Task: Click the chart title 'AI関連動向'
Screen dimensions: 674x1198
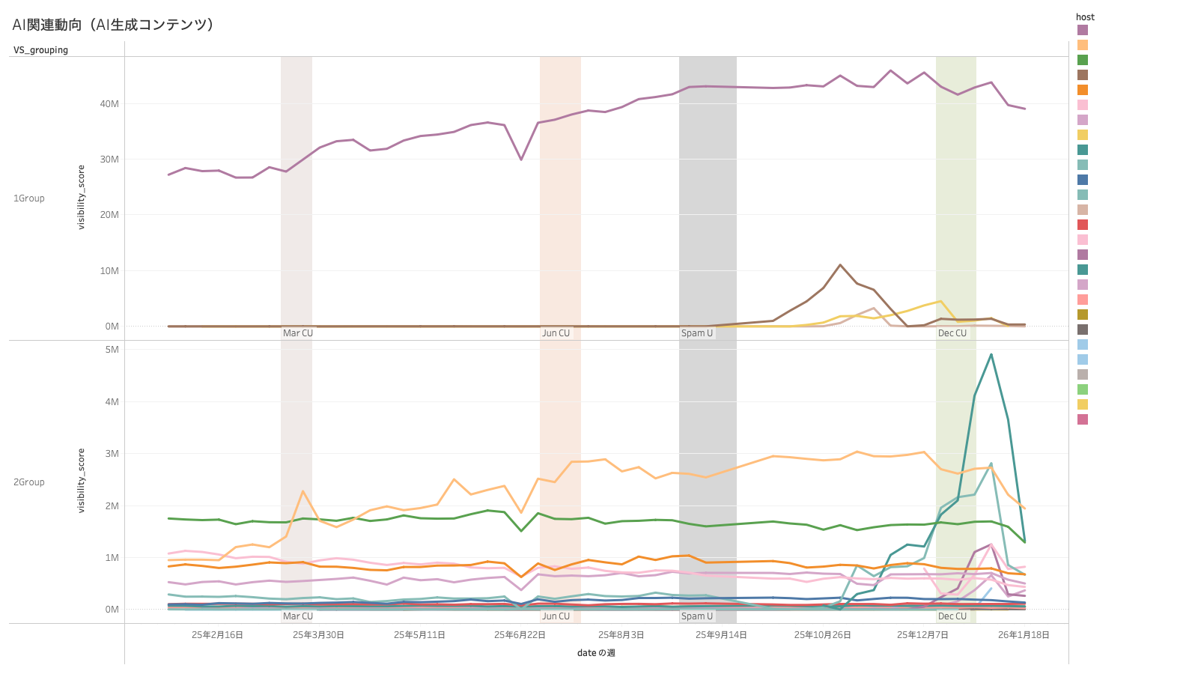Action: (112, 25)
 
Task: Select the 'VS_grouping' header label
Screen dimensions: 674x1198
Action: (40, 50)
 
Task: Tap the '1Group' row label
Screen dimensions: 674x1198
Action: (29, 198)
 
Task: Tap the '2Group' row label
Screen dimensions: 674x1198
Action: (29, 482)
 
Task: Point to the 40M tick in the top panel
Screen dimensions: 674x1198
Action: (109, 104)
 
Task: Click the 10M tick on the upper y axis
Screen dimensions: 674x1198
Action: (109, 271)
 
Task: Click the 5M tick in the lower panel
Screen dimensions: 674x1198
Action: (112, 350)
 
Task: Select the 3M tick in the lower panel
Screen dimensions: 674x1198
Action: (112, 454)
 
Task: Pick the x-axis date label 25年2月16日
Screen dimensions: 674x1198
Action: (217, 635)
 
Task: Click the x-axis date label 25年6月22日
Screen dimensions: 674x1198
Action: (520, 635)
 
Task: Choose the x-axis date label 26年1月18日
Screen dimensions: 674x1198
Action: (1024, 635)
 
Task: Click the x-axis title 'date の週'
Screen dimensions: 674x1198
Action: (596, 653)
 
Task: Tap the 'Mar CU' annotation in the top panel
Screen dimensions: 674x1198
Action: (298, 333)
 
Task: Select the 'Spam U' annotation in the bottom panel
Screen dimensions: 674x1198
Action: (697, 616)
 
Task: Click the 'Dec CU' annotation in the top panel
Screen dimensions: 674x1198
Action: (952, 333)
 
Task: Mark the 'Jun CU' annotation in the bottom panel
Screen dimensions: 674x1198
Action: (556, 616)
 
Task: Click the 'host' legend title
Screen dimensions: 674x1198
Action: (1085, 17)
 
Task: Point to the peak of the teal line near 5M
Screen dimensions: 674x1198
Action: (991, 354)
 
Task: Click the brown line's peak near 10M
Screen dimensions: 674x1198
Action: (840, 264)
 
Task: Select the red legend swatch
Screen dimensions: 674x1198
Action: (1083, 225)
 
